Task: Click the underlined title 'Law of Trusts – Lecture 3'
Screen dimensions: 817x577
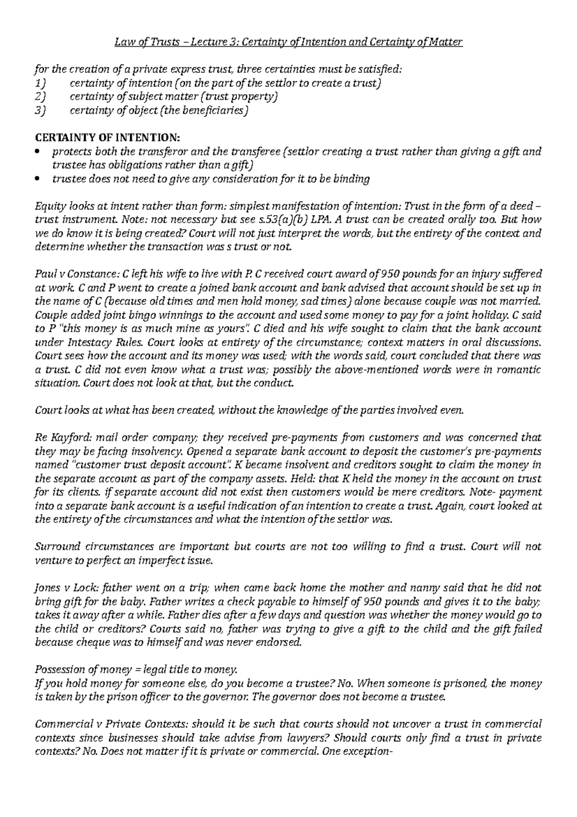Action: (x=177, y=42)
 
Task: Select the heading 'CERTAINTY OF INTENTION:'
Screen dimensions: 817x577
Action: (x=109, y=138)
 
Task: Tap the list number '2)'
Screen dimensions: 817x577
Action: (x=41, y=97)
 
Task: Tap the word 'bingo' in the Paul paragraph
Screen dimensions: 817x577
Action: (x=144, y=315)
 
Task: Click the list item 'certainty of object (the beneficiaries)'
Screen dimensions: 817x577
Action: (x=160, y=111)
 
